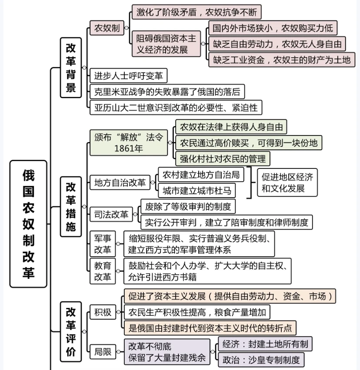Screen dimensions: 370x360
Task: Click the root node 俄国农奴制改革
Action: click(28, 224)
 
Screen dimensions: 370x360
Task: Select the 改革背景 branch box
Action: click(71, 67)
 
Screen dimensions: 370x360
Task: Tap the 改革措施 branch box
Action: click(71, 206)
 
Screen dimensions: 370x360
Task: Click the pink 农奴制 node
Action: click(107, 29)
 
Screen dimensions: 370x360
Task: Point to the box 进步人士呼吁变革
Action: click(128, 76)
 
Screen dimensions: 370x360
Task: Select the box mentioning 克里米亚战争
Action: click(167, 92)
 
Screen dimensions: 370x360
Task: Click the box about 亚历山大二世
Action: click(176, 107)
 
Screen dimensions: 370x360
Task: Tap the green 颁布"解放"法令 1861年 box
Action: click(129, 142)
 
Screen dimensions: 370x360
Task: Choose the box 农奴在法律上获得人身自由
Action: click(231, 127)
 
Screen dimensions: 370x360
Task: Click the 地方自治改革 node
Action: click(120, 182)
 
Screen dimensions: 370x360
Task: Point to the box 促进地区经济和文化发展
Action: click(287, 182)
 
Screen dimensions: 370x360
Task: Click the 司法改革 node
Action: click(111, 214)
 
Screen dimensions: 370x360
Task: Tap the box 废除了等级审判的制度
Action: click(188, 206)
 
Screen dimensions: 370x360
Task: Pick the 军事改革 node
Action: click(103, 244)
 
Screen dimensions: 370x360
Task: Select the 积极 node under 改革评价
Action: click(103, 312)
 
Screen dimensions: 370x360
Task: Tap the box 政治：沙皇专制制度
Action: click(261, 360)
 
